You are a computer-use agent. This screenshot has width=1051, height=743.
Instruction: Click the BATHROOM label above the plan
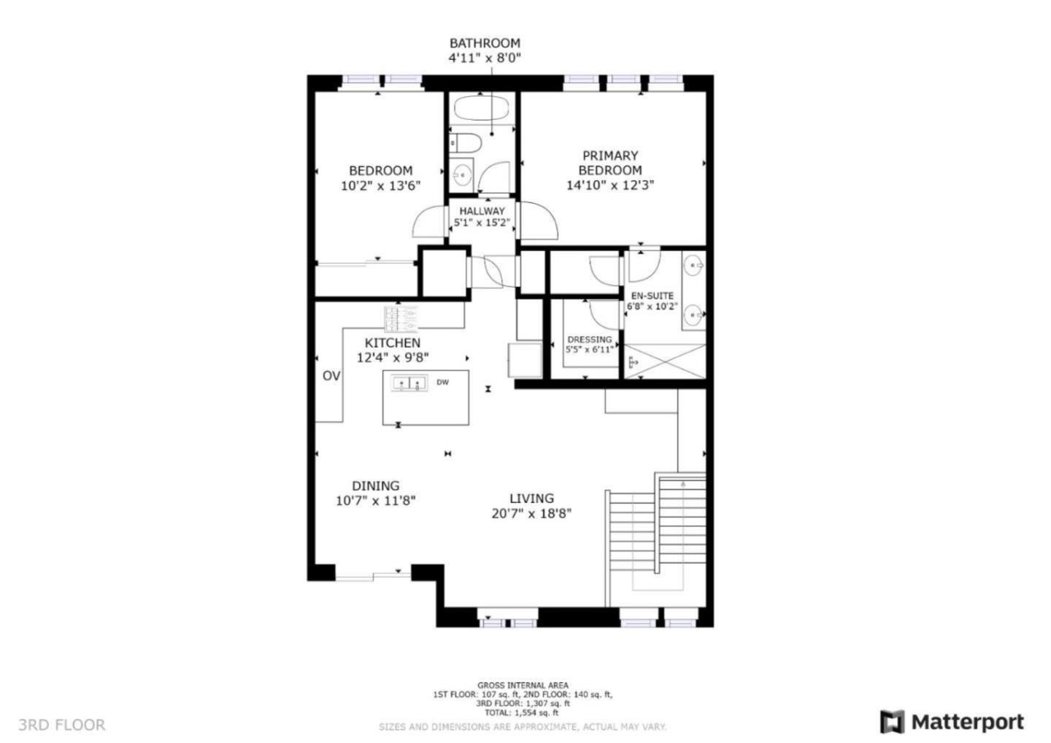click(484, 43)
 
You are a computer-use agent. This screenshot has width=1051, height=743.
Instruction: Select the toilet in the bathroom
click(463, 142)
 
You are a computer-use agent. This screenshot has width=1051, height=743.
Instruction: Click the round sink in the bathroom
click(461, 174)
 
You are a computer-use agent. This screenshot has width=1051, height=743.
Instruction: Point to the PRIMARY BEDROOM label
click(610, 163)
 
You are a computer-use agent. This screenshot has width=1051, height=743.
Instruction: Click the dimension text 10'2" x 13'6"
click(380, 186)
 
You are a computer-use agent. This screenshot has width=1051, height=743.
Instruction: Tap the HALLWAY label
click(482, 211)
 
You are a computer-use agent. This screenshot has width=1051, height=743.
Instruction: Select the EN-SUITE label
click(652, 296)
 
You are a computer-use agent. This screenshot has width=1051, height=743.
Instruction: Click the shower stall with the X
click(665, 361)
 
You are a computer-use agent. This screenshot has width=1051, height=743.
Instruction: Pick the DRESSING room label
click(589, 339)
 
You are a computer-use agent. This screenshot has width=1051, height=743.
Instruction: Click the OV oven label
click(331, 376)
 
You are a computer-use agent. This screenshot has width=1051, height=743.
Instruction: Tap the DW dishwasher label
click(442, 382)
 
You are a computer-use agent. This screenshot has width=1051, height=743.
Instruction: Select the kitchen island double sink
click(409, 383)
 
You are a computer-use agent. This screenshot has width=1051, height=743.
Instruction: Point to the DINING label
click(375, 485)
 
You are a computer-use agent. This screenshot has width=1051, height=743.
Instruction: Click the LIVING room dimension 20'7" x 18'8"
click(531, 514)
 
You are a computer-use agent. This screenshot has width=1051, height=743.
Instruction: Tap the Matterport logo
click(952, 722)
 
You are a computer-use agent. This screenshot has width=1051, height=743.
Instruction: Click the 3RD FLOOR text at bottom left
click(61, 725)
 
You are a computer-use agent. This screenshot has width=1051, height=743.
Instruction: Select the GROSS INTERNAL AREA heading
click(522, 685)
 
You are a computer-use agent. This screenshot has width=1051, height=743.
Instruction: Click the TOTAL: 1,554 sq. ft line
click(522, 712)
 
